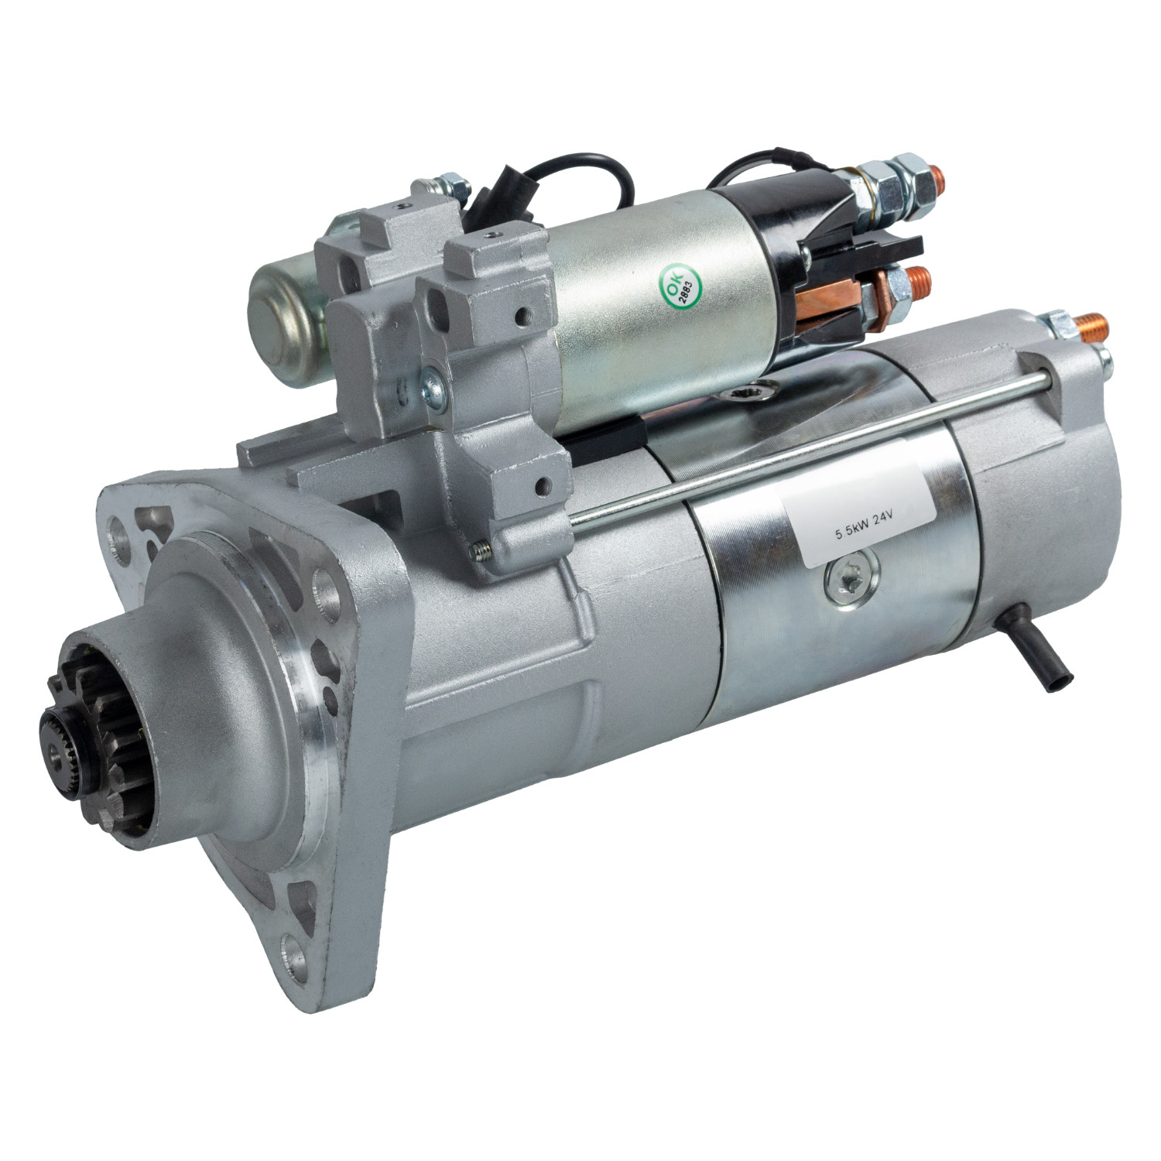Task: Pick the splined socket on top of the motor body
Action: point(751,396)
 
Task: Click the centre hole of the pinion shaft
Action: point(55,749)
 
